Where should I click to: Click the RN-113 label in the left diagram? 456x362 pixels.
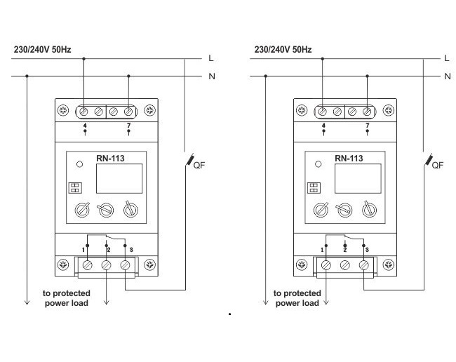tap(110, 159)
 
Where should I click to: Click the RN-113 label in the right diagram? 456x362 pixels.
tap(349, 159)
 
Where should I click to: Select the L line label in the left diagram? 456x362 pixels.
tap(210, 58)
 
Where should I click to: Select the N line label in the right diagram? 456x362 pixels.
tap(448, 75)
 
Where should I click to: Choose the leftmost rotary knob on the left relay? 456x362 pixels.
tap(82, 209)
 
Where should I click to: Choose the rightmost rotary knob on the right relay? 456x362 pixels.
tap(367, 209)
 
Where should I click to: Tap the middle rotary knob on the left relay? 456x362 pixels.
tap(105, 209)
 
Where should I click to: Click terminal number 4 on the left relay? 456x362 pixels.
tap(85, 126)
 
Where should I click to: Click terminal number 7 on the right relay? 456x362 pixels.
tap(367, 126)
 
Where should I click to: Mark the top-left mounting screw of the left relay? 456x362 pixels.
tap(63, 110)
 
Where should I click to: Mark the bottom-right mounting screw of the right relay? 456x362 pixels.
tap(389, 265)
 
